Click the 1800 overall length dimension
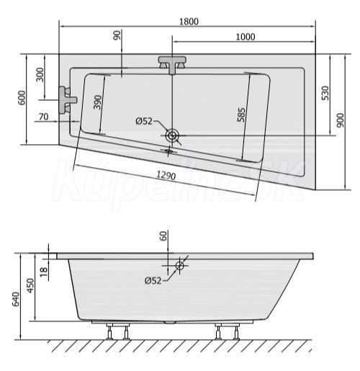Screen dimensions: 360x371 click(x=189, y=22)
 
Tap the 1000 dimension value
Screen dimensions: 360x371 click(x=246, y=37)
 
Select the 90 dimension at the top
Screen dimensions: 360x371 click(x=117, y=35)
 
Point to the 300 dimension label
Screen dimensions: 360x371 click(x=40, y=75)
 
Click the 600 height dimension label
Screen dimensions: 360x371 click(x=22, y=98)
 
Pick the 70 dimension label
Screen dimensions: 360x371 click(x=43, y=117)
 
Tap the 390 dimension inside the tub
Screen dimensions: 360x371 click(x=97, y=102)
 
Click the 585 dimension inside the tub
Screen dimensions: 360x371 click(x=241, y=115)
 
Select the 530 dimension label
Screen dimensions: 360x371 click(x=325, y=93)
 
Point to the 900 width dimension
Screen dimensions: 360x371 click(x=340, y=120)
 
